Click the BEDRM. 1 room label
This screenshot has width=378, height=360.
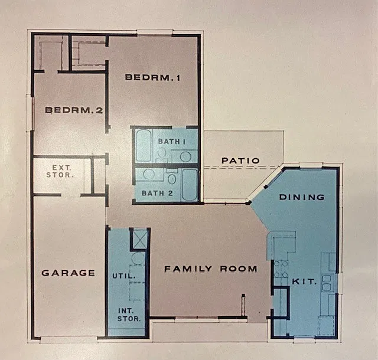[x=152, y=77]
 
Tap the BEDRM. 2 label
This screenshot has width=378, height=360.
[x=74, y=110]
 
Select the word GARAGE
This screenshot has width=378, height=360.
[x=69, y=273]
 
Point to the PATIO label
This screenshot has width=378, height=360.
[x=240, y=161]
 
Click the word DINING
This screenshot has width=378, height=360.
[x=302, y=197]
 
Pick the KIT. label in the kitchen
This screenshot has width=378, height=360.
[x=304, y=281]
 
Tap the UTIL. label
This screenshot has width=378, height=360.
[x=123, y=276]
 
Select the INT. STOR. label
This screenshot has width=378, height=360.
[x=129, y=315]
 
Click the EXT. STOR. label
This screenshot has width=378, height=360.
[x=60, y=171]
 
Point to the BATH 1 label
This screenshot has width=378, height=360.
[x=172, y=141]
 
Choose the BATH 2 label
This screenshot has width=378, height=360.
[x=157, y=193]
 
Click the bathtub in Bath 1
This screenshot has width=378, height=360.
[x=144, y=146]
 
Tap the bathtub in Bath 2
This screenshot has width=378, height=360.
[x=190, y=185]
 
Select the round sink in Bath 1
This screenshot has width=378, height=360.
[x=185, y=156]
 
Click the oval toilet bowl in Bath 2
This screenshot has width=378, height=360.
[x=172, y=179]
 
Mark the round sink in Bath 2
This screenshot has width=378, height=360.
[x=149, y=174]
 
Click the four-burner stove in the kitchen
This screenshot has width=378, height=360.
[x=281, y=269]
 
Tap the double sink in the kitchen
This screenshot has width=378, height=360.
[x=327, y=283]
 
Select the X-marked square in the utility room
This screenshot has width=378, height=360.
[x=140, y=239]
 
